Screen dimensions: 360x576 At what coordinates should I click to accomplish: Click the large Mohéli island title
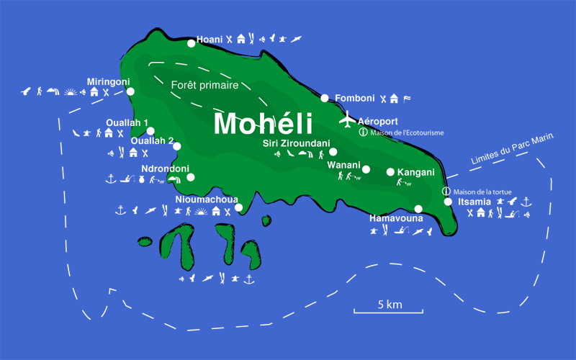(263, 123)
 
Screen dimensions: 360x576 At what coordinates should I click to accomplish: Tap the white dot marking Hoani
(191, 43)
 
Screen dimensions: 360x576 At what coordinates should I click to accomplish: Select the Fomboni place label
(355, 98)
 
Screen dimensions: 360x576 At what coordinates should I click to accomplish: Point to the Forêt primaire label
(204, 85)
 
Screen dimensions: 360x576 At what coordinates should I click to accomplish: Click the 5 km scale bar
(388, 311)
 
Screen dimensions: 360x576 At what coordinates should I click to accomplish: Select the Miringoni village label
(108, 81)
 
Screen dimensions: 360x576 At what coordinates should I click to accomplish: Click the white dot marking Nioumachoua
(239, 208)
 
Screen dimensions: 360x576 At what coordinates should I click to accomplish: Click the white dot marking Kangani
(390, 172)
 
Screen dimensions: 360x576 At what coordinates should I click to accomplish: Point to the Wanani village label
(343, 165)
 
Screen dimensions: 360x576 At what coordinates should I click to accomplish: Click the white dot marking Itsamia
(448, 202)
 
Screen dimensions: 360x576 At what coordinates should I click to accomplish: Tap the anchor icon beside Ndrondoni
(111, 178)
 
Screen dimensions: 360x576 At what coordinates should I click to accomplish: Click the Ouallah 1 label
(126, 123)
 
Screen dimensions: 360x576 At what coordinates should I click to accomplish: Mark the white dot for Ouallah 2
(177, 146)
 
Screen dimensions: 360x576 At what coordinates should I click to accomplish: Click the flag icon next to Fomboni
(407, 99)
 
